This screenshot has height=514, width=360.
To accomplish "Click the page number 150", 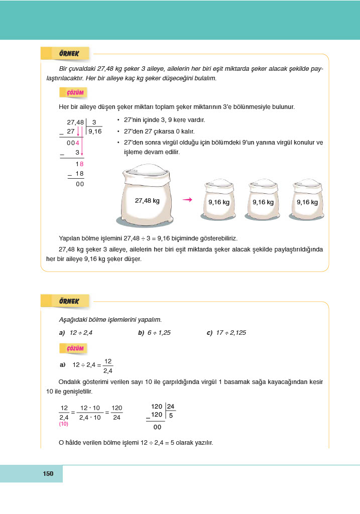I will coord(48,474).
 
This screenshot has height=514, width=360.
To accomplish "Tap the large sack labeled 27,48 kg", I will coord(147,197).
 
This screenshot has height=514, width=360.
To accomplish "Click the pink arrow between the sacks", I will coord(188,200).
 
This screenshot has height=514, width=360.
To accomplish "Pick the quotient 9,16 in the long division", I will coord(94,132).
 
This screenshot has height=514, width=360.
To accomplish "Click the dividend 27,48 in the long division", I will coord(75,122).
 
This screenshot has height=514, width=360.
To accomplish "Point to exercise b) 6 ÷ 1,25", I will coord(154,333).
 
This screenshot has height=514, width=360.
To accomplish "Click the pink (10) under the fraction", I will coord(64,424).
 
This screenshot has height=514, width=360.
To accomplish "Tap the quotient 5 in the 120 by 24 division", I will coord(171,415).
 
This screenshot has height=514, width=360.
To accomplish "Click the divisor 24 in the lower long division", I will coord(171,406).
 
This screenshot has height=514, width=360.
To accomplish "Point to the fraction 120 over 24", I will coord(116,413).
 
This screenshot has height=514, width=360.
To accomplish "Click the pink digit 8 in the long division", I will coord(81,164).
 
